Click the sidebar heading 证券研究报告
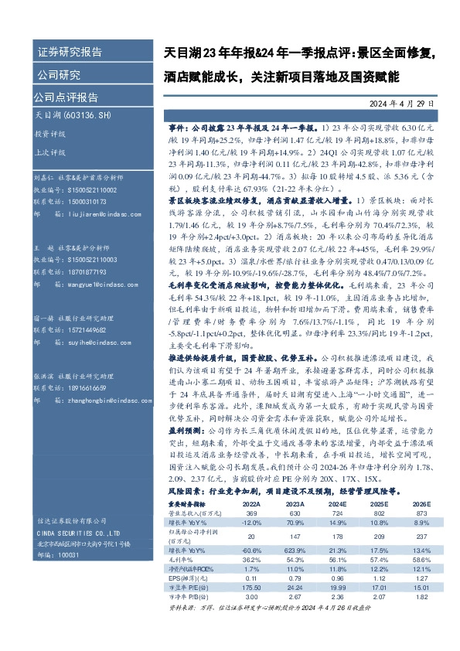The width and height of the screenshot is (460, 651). [70, 53]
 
